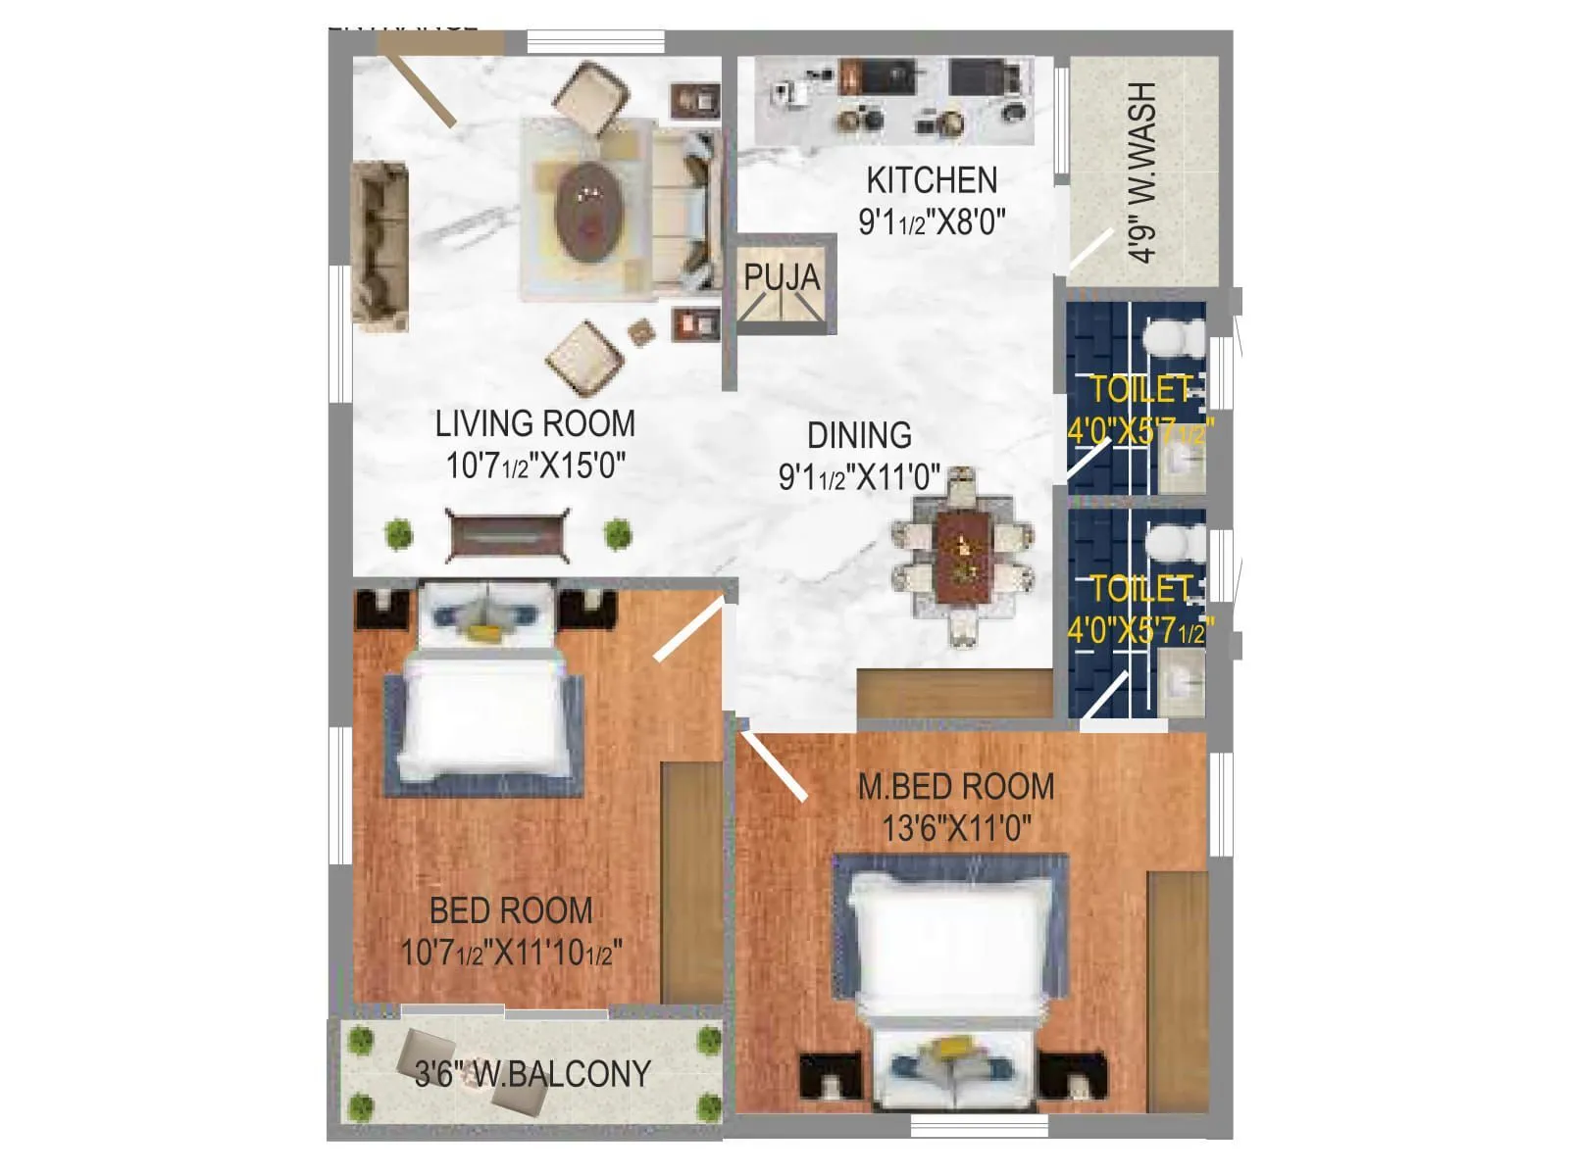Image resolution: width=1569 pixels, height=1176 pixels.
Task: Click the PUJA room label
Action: click(781, 277)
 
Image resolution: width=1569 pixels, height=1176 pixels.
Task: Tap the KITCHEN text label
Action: click(932, 180)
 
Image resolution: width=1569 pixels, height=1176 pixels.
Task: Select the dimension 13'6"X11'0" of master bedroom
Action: click(956, 829)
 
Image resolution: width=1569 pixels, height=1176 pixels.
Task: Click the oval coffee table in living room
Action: click(587, 208)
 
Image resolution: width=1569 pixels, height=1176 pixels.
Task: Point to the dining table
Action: click(962, 556)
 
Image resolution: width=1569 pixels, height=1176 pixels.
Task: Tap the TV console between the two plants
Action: click(507, 535)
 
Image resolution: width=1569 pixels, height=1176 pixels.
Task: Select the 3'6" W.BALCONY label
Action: click(532, 1074)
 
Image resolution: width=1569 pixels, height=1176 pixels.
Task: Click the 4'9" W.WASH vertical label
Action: click(1142, 171)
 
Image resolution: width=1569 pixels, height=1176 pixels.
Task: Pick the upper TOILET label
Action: click(1140, 390)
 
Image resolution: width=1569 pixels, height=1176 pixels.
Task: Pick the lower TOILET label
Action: click(1140, 588)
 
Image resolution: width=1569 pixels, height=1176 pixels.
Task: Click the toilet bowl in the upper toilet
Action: click(1175, 339)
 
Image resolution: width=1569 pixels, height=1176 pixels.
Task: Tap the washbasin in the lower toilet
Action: click(1180, 679)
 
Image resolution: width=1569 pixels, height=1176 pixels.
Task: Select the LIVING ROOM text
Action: click(534, 423)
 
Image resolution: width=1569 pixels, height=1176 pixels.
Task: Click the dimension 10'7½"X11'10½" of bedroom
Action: click(511, 953)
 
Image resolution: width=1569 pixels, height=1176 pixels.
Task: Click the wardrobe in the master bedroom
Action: click(1177, 965)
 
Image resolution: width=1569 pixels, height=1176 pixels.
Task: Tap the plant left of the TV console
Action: click(397, 535)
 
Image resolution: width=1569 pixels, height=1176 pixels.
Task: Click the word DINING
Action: click(859, 435)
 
